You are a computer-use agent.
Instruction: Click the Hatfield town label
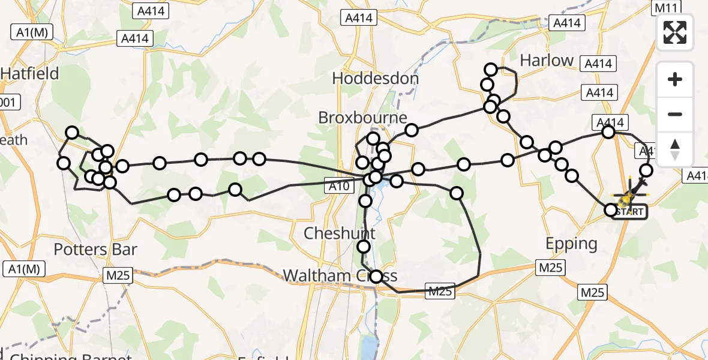[x=30, y=74]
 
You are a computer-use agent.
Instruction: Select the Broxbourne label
[x=363, y=118]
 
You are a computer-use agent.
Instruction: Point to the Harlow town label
[x=547, y=61]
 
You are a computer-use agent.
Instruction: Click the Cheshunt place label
[x=340, y=233]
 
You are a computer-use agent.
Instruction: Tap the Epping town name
[x=571, y=244]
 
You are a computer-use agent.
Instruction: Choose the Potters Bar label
[x=96, y=250]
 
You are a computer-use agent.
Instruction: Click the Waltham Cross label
[x=340, y=275]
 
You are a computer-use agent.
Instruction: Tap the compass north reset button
[x=675, y=149]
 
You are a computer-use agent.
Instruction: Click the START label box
[x=629, y=212]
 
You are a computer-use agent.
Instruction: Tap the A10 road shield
[x=339, y=187]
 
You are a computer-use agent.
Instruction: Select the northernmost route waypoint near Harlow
[x=491, y=70]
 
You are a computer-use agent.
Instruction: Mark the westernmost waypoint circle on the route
[x=64, y=163]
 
